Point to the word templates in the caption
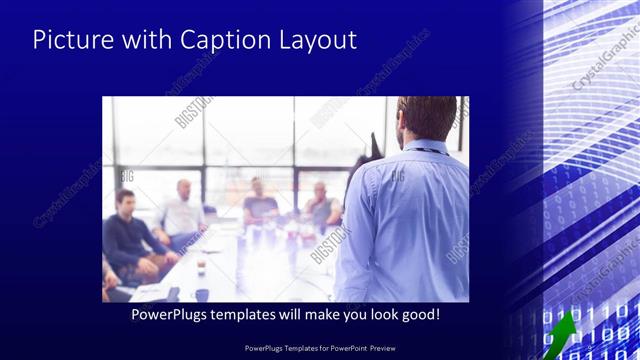click(x=255, y=314)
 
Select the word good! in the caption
click(x=418, y=314)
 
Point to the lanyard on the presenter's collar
click(x=425, y=149)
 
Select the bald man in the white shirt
click(x=181, y=212)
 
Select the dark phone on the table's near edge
click(x=173, y=294)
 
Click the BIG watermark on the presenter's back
click(x=397, y=176)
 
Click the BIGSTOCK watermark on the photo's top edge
click(x=195, y=112)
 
